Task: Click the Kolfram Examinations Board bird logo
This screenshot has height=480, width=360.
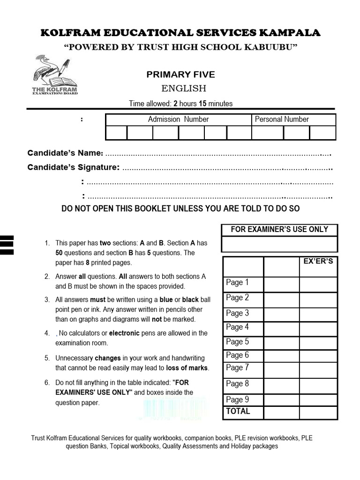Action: point(54,75)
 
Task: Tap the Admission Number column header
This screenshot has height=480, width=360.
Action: point(178,119)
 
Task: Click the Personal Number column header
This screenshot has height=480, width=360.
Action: point(282,119)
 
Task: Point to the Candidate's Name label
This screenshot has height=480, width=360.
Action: point(65,153)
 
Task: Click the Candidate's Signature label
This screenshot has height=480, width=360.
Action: point(74,167)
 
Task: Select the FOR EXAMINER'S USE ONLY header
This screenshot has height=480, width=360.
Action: point(279,229)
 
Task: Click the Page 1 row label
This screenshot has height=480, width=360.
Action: point(237,282)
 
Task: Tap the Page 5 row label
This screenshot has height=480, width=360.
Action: point(237,342)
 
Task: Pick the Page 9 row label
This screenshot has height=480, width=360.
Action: point(237,399)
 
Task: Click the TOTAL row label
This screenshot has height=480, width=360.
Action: point(238,411)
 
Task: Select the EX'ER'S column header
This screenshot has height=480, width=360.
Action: point(318,261)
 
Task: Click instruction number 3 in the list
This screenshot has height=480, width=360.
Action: point(47,300)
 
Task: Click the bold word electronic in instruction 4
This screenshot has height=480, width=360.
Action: point(124,333)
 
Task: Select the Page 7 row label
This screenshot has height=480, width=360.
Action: point(237,367)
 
